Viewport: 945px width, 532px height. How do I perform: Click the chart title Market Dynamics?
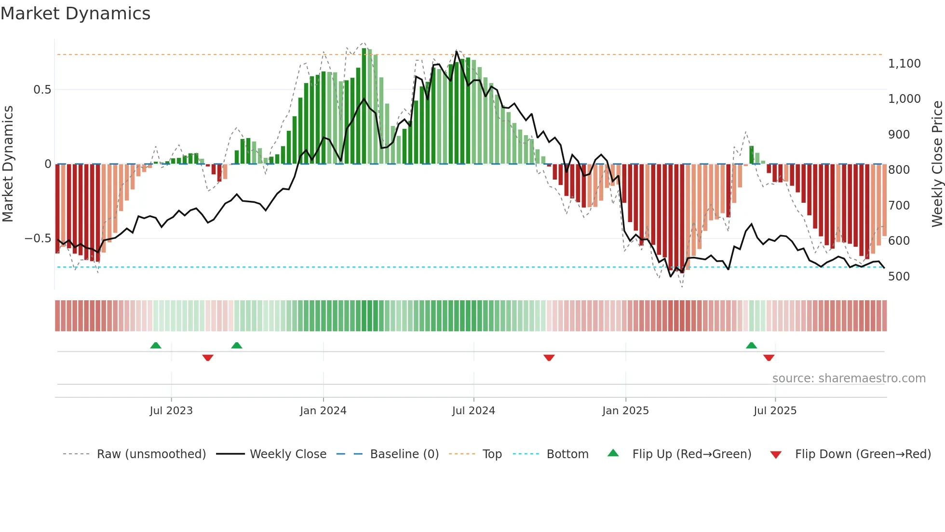75,14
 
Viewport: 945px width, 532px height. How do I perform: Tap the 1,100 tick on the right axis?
904,64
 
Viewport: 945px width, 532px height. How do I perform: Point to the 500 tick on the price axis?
899,277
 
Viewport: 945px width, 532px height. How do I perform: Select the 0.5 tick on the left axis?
42,90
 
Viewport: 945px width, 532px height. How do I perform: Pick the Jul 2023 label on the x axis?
171,411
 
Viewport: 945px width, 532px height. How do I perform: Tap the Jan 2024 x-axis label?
323,411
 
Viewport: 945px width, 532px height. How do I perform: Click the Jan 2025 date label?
625,411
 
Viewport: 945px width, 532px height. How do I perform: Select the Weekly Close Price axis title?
937,164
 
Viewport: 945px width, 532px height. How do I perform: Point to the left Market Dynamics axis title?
8,164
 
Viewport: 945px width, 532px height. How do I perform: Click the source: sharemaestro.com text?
849,378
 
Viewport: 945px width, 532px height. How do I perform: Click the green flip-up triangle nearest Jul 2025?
751,346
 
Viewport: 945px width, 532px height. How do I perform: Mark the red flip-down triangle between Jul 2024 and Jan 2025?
549,358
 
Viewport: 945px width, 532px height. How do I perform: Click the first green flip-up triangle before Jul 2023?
155,346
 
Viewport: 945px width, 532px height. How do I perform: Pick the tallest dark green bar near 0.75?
364,106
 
